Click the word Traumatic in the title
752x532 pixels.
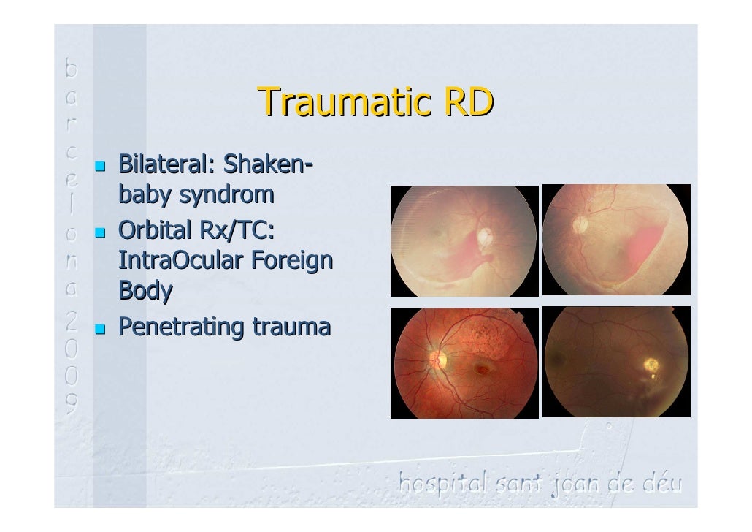[x=341, y=102]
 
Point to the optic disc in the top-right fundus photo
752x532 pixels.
[x=582, y=223]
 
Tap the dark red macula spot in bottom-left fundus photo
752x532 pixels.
[x=483, y=370]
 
